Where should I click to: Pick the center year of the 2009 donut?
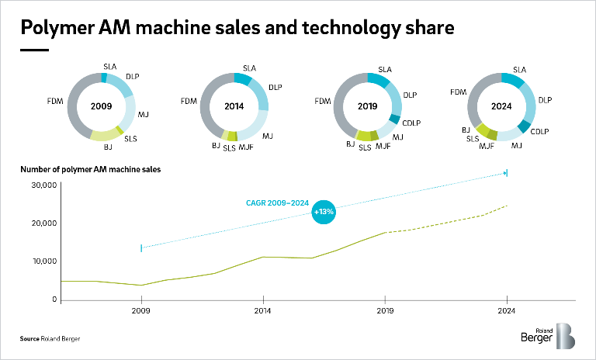(102, 106)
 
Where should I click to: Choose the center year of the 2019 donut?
(368, 106)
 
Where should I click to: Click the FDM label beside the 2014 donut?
(189, 102)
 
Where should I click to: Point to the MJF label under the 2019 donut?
(383, 147)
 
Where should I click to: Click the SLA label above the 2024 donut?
(520, 70)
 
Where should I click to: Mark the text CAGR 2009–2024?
(272, 204)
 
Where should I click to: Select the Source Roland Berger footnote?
(50, 339)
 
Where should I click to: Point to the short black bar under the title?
(34, 50)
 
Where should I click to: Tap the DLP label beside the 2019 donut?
(410, 95)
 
